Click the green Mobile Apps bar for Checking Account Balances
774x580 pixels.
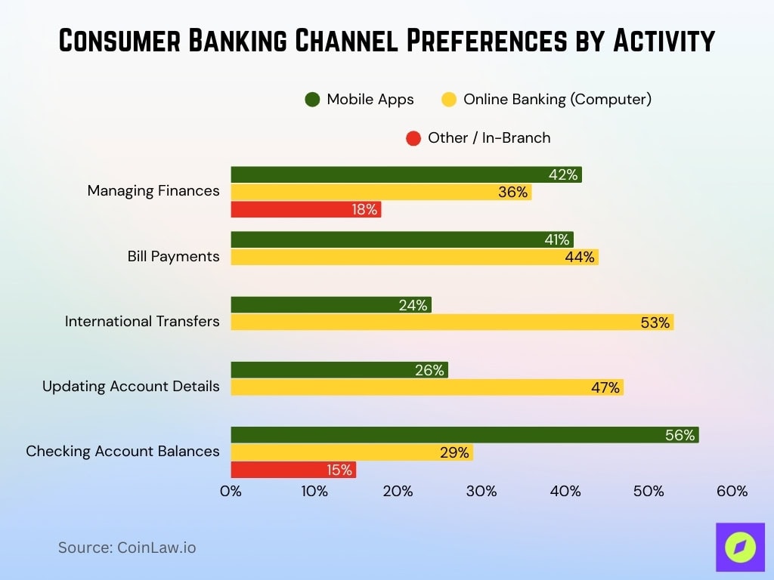click(x=464, y=435)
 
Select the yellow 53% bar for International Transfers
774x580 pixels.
click(x=451, y=322)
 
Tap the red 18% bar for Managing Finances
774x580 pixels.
click(x=305, y=210)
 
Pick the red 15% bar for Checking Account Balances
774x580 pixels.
click(x=293, y=470)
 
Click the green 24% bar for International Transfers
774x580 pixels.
click(x=330, y=305)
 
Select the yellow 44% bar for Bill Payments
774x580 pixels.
click(x=413, y=258)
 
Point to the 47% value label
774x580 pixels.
click(x=605, y=388)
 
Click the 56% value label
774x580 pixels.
click(x=680, y=435)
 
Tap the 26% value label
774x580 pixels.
click(x=429, y=370)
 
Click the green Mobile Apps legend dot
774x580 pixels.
click(x=312, y=99)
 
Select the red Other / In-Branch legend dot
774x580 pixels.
click(x=413, y=138)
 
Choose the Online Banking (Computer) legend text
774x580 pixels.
click(x=557, y=99)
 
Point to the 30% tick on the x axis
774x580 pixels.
click(x=481, y=492)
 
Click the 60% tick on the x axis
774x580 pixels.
click(x=732, y=492)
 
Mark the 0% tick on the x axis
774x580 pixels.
click(x=231, y=492)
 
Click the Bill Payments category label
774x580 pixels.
click(x=173, y=257)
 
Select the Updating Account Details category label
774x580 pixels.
click(x=131, y=387)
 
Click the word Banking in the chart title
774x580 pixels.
click(x=244, y=42)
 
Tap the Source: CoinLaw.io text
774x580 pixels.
click(x=127, y=548)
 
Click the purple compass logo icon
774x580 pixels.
click(x=740, y=547)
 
